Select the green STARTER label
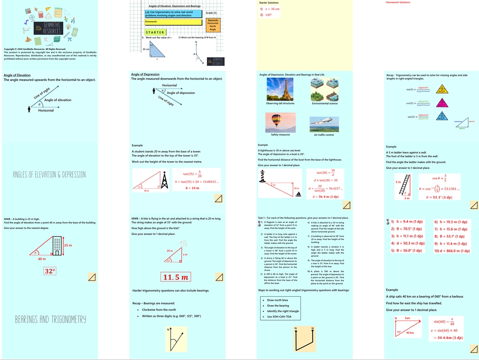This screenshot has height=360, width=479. (155, 32)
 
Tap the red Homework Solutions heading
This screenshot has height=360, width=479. (398, 2)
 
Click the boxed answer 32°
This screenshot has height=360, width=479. (49, 271)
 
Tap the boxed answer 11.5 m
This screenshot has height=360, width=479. (176, 277)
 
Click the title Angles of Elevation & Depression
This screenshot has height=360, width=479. (49, 174)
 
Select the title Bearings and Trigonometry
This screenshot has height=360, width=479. (50, 319)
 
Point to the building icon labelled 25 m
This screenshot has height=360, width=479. (56, 244)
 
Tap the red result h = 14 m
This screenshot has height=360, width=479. (192, 188)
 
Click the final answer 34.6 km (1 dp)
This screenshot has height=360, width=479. (448, 337)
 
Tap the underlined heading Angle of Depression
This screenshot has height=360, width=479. (145, 74)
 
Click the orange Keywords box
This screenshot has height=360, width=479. (213, 25)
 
